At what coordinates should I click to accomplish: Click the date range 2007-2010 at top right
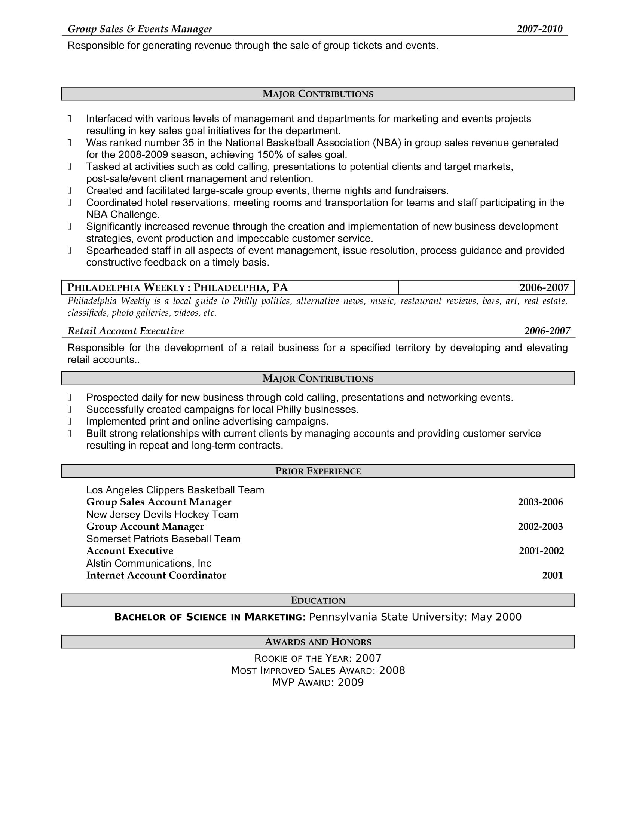click(539, 29)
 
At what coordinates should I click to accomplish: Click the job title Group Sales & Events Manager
click(140, 29)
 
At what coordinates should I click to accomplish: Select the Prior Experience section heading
click(318, 471)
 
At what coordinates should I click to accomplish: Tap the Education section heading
click(318, 601)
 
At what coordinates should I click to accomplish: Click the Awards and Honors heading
click(318, 642)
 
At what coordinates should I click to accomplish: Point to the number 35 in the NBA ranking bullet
click(188, 143)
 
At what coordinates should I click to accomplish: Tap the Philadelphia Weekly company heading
click(177, 288)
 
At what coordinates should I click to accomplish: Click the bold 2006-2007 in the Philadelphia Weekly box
click(544, 288)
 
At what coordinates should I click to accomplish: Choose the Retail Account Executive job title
click(125, 331)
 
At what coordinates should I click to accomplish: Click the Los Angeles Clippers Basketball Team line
click(175, 490)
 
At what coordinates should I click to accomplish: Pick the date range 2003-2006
click(540, 502)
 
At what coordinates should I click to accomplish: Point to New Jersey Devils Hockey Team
click(162, 514)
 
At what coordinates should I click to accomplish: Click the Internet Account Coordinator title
click(156, 575)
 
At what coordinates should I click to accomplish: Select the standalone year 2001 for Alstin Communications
click(552, 575)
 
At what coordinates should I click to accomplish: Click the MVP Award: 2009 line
click(318, 682)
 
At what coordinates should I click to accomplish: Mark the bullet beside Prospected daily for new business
click(69, 398)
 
